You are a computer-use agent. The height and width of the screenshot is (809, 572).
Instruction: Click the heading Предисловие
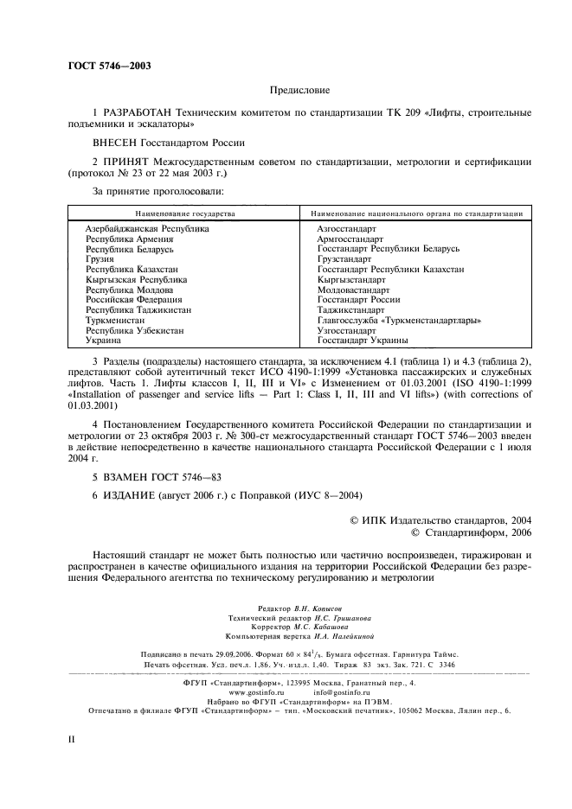point(299,89)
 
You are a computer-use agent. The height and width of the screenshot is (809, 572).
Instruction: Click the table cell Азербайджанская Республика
point(147,228)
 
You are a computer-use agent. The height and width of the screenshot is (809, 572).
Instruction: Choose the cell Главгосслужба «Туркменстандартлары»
point(399,320)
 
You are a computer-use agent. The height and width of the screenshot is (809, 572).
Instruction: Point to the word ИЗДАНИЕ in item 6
point(130,495)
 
